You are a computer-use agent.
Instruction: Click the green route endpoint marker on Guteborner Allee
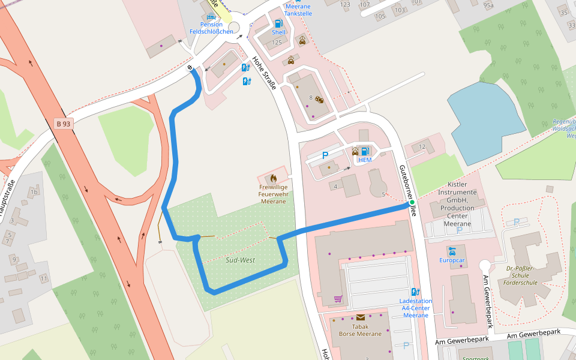412,203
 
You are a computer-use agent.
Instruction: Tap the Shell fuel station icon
278,23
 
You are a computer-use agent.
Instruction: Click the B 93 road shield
63,124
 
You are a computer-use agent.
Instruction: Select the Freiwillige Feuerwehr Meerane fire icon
273,178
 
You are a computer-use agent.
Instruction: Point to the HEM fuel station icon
365,151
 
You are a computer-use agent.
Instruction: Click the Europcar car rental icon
452,250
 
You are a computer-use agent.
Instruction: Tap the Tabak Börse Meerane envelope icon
360,317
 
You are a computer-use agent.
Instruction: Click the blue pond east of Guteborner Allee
486,114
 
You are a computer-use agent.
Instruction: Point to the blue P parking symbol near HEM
326,155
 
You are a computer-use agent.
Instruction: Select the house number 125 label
277,43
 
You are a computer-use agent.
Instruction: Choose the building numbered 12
422,147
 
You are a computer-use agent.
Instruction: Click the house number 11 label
43,279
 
